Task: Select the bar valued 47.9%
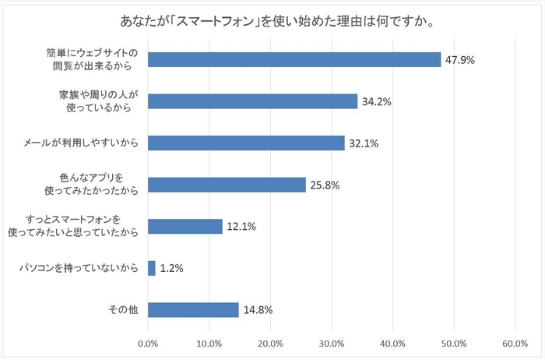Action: (294, 59)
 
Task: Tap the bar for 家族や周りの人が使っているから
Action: (252, 101)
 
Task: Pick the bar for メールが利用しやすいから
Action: (245, 143)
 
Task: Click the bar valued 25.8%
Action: (226, 185)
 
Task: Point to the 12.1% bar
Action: (185, 227)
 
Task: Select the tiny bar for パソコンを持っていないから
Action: (151, 269)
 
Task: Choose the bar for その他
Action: (192, 310)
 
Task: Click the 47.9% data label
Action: (459, 59)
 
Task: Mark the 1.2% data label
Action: (171, 269)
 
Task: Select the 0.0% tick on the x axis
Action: (147, 343)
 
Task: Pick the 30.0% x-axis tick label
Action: (331, 343)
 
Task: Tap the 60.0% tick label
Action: (515, 343)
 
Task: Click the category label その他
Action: (123, 310)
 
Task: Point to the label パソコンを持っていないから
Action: (79, 269)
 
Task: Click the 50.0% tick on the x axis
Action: (454, 343)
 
